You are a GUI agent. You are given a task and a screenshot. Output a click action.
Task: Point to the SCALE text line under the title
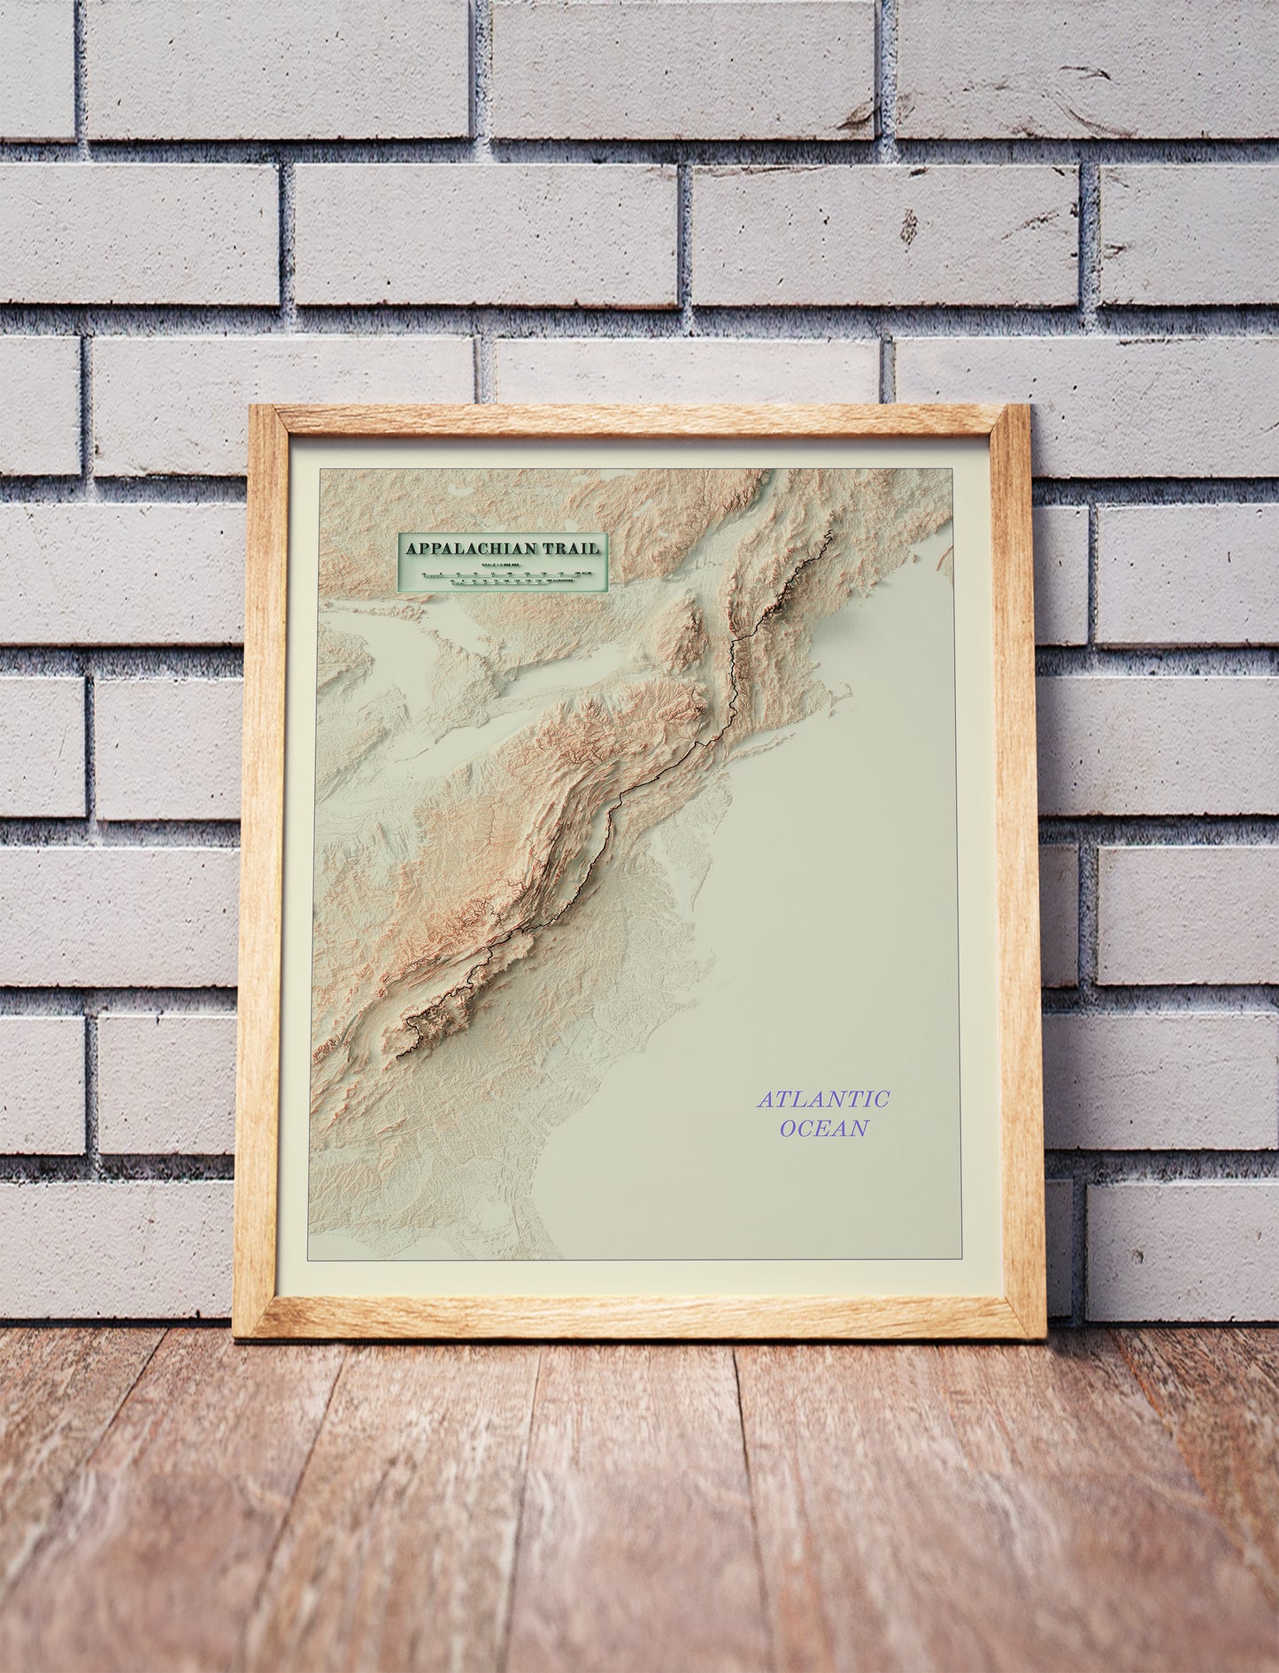click(x=501, y=564)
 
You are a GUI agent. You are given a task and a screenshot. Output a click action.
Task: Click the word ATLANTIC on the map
click(x=823, y=1099)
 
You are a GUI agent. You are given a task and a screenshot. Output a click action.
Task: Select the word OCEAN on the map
click(x=823, y=1128)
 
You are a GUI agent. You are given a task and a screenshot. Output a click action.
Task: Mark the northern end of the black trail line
click(x=829, y=533)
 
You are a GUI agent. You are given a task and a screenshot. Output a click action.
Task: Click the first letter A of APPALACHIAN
click(x=412, y=549)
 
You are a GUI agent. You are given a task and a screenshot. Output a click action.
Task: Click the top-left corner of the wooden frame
click(x=251, y=407)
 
